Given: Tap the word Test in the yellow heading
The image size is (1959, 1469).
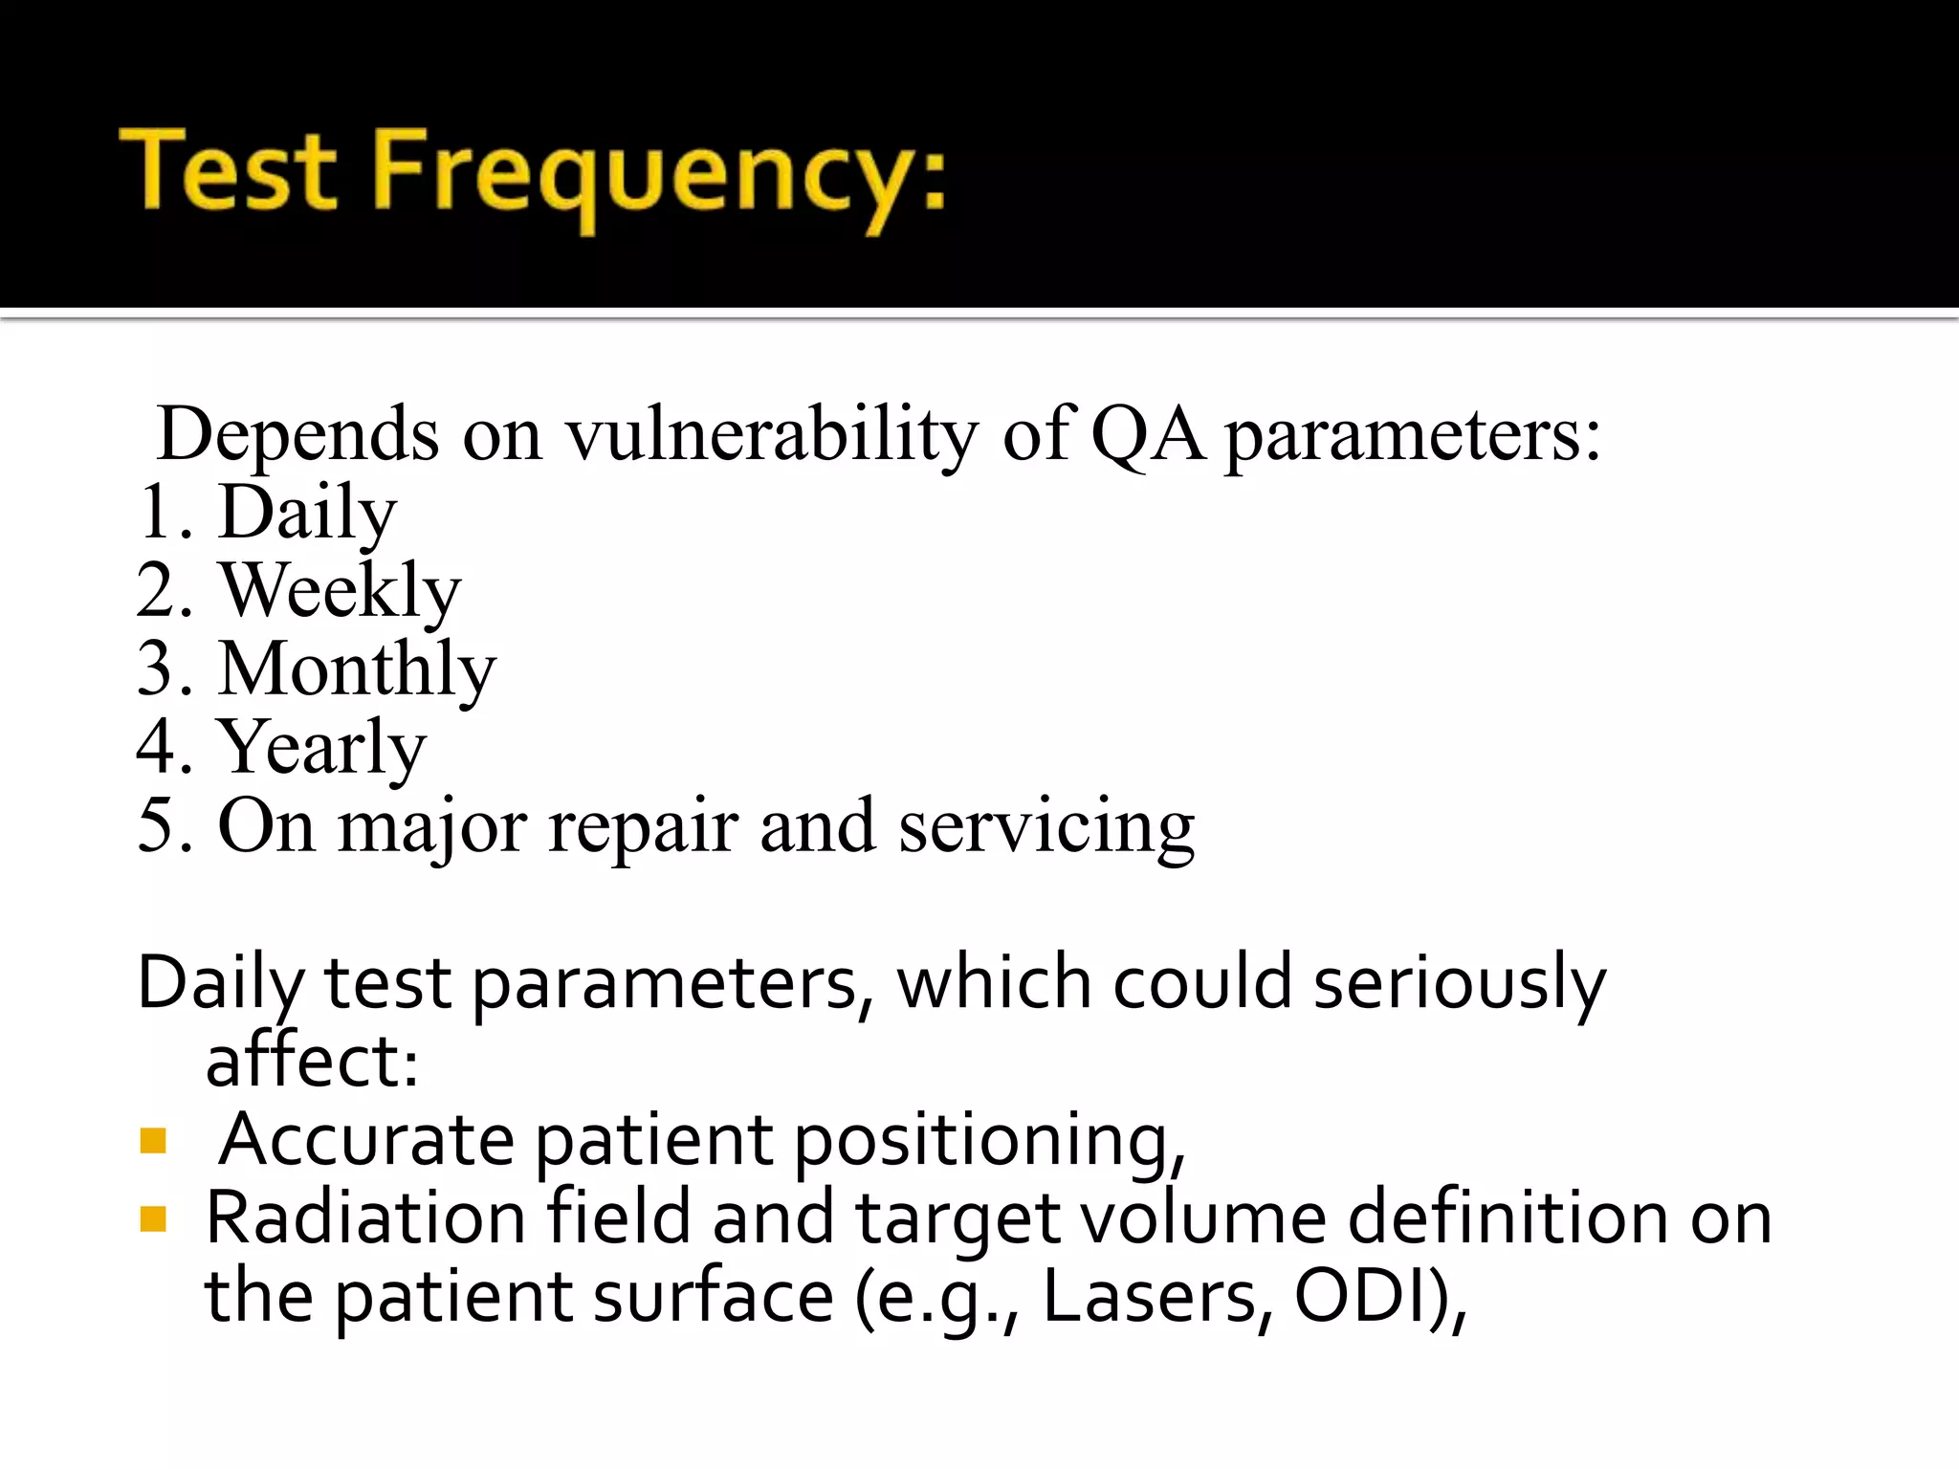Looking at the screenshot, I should [230, 170].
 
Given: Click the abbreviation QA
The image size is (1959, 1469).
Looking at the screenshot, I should [1148, 435].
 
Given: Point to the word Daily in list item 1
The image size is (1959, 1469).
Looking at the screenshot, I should [307, 514].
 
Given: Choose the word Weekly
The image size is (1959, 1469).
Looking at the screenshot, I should [340, 592].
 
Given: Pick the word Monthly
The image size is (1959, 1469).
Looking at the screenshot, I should [357, 670].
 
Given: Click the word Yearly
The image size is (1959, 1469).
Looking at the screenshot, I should [321, 749].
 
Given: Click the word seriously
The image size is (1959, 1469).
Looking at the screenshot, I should [1459, 984].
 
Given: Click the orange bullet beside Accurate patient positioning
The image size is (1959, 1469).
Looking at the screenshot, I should [153, 1141].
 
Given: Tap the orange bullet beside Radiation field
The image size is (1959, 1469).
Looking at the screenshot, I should [153, 1218].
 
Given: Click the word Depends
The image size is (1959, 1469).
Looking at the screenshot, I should [297, 435].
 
